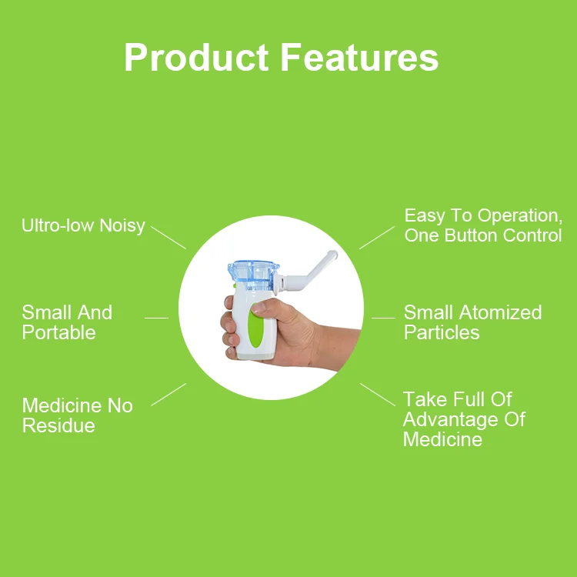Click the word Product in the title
(x=195, y=58)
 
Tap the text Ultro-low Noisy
(x=83, y=225)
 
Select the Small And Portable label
(x=67, y=322)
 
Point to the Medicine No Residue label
(x=77, y=415)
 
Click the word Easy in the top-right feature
(x=425, y=215)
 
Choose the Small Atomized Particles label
(x=472, y=322)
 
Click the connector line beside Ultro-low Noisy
(x=168, y=236)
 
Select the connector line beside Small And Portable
(x=156, y=318)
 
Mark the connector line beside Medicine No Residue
(x=168, y=394)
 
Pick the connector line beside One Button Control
(x=377, y=237)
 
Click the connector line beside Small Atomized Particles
(x=383, y=318)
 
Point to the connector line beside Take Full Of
(x=378, y=395)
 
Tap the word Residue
(x=58, y=425)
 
